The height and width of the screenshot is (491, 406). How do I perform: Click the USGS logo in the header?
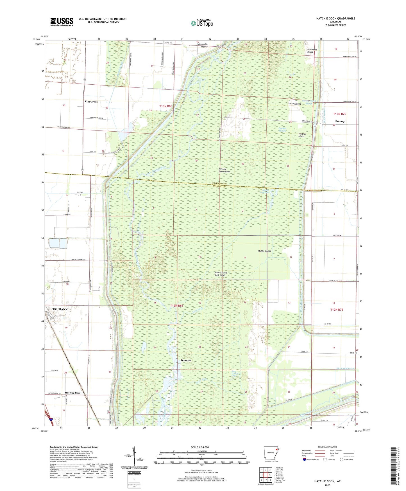pyautogui.click(x=62, y=22)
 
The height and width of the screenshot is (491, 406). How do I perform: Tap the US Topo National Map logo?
pyautogui.click(x=202, y=23)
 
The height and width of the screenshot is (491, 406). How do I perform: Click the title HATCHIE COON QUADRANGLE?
pyautogui.click(x=335, y=19)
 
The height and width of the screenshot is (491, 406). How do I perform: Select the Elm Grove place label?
pyautogui.click(x=91, y=102)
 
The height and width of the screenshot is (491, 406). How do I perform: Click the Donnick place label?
pyautogui.click(x=186, y=360)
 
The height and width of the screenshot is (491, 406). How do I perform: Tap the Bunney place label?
pyautogui.click(x=340, y=121)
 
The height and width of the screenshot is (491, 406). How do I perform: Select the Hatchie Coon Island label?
pyautogui.click(x=224, y=170)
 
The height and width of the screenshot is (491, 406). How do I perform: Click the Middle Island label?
pyautogui.click(x=264, y=251)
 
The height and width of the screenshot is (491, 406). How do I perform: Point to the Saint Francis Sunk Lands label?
pyautogui.click(x=221, y=274)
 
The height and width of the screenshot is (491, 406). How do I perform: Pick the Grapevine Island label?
pyautogui.click(x=310, y=51)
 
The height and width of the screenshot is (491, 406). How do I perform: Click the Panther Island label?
pyautogui.click(x=302, y=135)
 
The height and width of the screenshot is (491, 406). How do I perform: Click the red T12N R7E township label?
pyautogui.click(x=336, y=310)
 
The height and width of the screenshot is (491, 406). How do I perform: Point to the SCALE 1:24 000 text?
pyautogui.click(x=200, y=447)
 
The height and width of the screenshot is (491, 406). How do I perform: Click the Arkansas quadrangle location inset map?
pyautogui.click(x=271, y=454)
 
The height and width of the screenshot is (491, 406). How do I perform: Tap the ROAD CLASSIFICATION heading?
pyautogui.click(x=327, y=447)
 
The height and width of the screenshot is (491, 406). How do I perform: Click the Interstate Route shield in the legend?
pyautogui.click(x=305, y=460)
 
